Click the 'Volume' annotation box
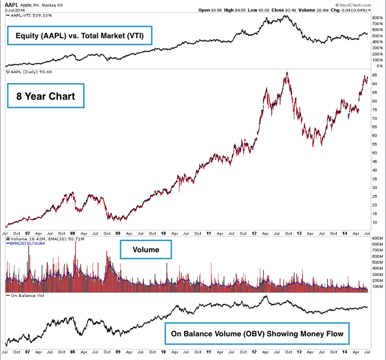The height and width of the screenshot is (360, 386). (146, 250)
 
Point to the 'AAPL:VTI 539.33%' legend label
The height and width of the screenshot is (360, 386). (30, 15)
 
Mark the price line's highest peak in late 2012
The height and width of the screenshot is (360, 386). (287, 74)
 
